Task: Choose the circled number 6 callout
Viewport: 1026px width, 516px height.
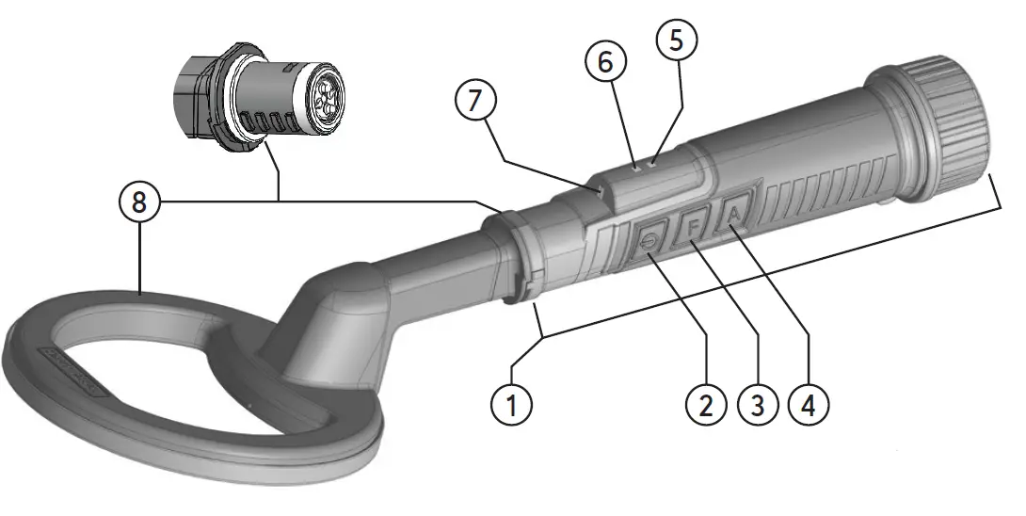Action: click(604, 62)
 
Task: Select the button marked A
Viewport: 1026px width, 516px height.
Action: click(735, 215)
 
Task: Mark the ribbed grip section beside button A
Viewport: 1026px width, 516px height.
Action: click(819, 193)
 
